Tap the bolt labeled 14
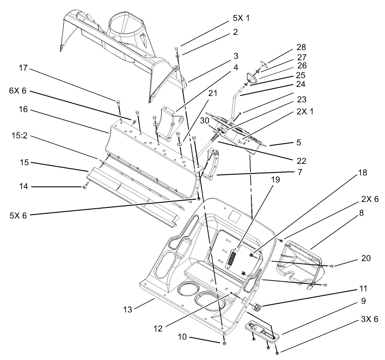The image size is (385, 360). coord(85,186)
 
